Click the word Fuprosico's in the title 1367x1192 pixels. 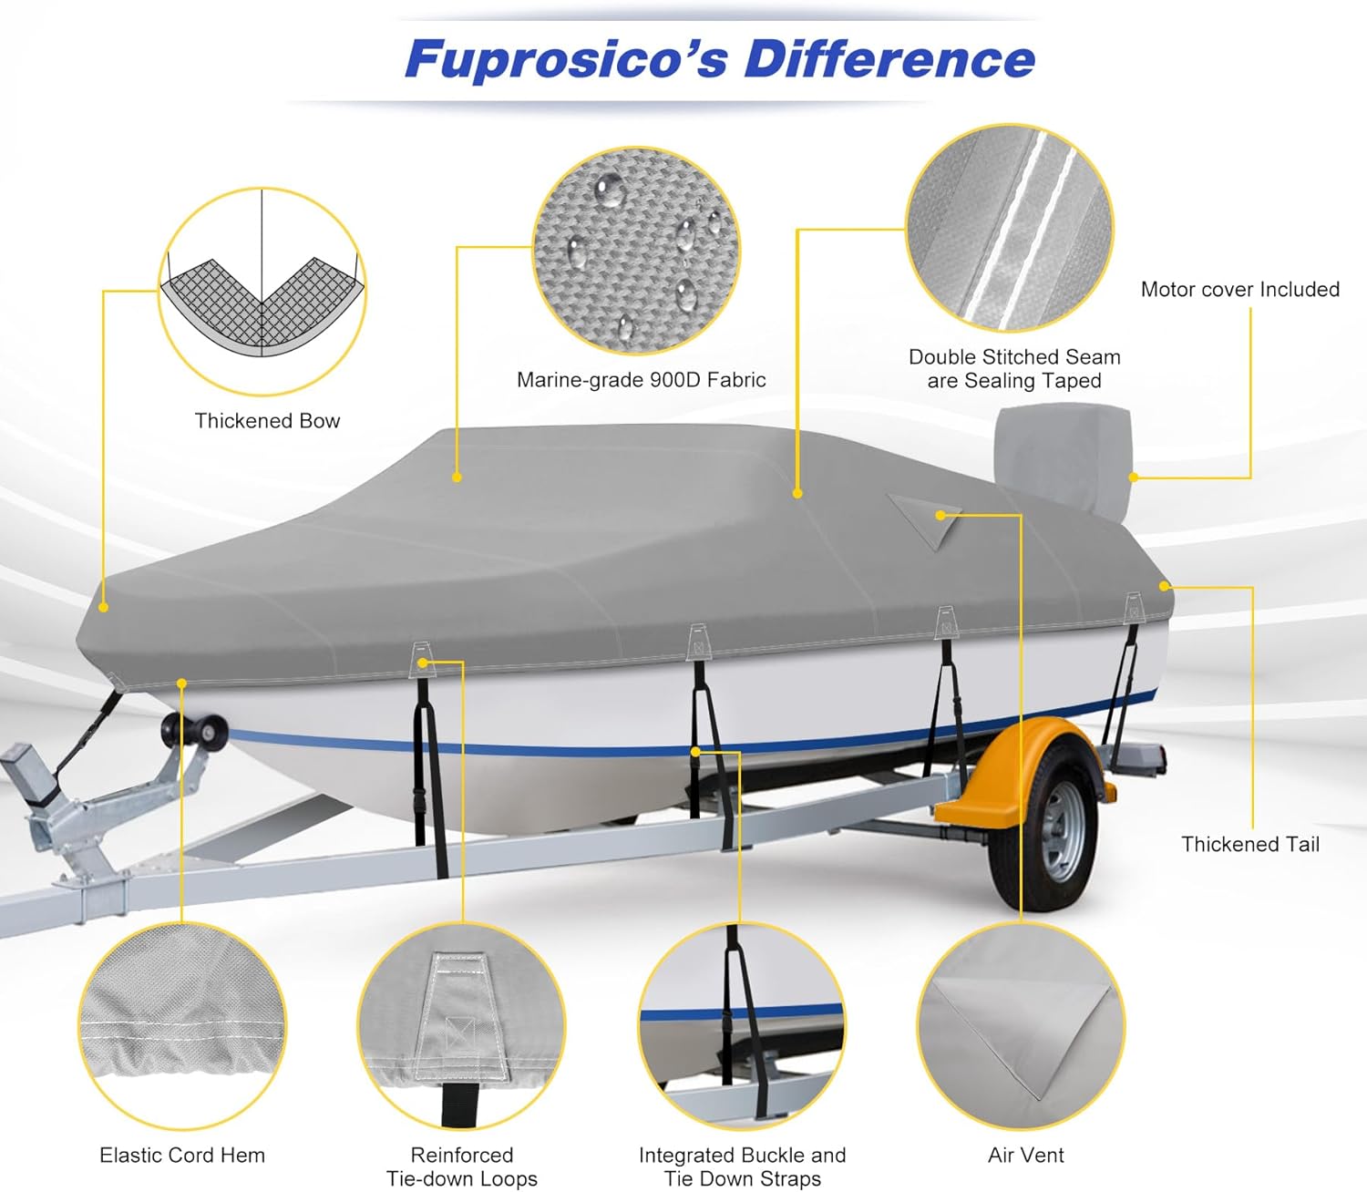click(566, 60)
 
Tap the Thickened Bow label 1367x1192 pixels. click(267, 421)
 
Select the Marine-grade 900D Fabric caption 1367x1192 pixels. click(641, 380)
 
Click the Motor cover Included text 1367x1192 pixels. click(1239, 290)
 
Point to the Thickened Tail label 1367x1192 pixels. click(1249, 845)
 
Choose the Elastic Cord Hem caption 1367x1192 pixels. click(182, 1156)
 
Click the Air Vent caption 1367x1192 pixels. click(1025, 1156)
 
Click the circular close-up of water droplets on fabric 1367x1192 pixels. click(636, 250)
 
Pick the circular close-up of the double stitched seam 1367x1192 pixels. click(1010, 228)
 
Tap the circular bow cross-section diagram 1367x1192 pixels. click(262, 292)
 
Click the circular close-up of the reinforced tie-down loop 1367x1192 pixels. click(461, 1025)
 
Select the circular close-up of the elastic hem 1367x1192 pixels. click(182, 1025)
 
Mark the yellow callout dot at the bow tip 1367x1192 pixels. click(104, 607)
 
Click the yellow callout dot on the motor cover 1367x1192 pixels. click(1134, 477)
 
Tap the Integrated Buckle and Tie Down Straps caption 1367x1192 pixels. click(742, 1166)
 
